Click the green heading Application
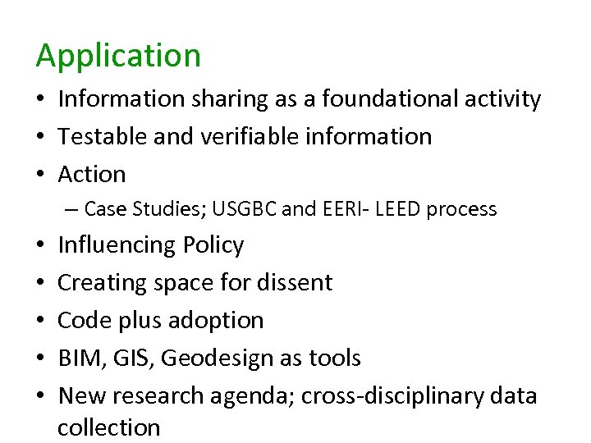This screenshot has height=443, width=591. pos(118,56)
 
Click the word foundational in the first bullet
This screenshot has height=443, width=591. pos(383,99)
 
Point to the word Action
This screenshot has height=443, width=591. pos(92,174)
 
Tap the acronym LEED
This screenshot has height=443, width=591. pos(394,209)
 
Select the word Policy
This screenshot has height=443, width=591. pos(213,245)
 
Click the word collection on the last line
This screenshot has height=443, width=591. pos(108,427)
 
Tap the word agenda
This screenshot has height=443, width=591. pos(251,395)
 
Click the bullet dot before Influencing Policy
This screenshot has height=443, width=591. pos(40,245)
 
